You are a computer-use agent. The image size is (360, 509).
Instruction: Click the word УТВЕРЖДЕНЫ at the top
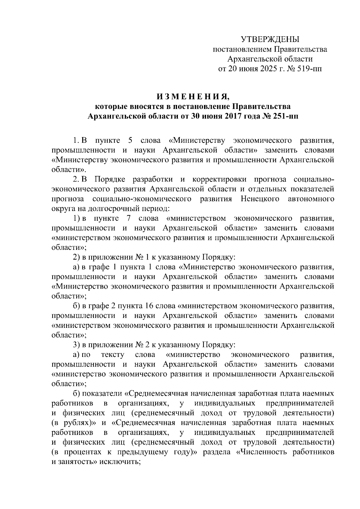(x=270, y=39)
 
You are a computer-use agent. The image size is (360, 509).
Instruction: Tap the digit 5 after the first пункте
(x=130, y=140)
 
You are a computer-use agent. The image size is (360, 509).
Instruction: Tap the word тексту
(x=113, y=355)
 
